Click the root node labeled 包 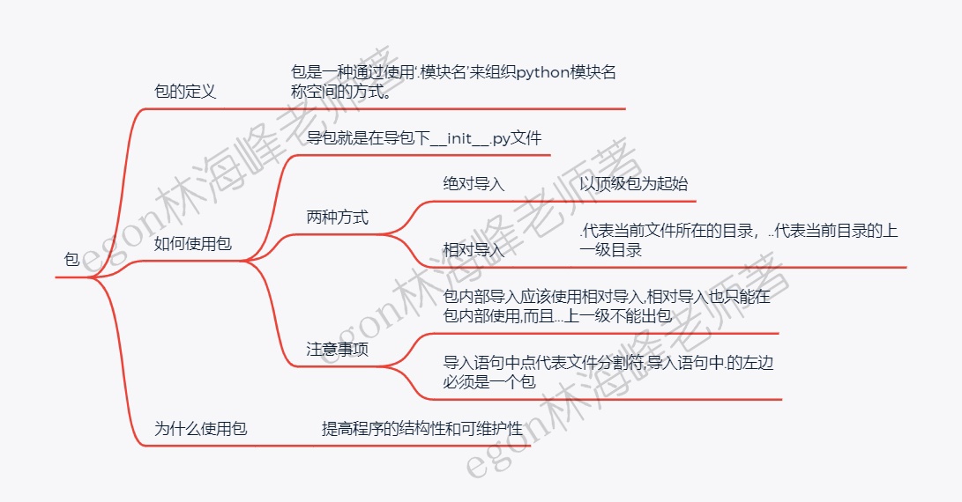point(71,260)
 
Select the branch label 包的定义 point(184,92)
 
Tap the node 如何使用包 point(193,243)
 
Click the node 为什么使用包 point(201,429)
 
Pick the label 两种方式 point(337,217)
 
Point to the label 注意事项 point(337,349)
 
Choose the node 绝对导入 point(474,184)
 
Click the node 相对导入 point(474,249)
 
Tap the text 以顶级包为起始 point(633,184)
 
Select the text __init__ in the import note point(459,138)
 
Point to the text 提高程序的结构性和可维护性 point(422,429)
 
